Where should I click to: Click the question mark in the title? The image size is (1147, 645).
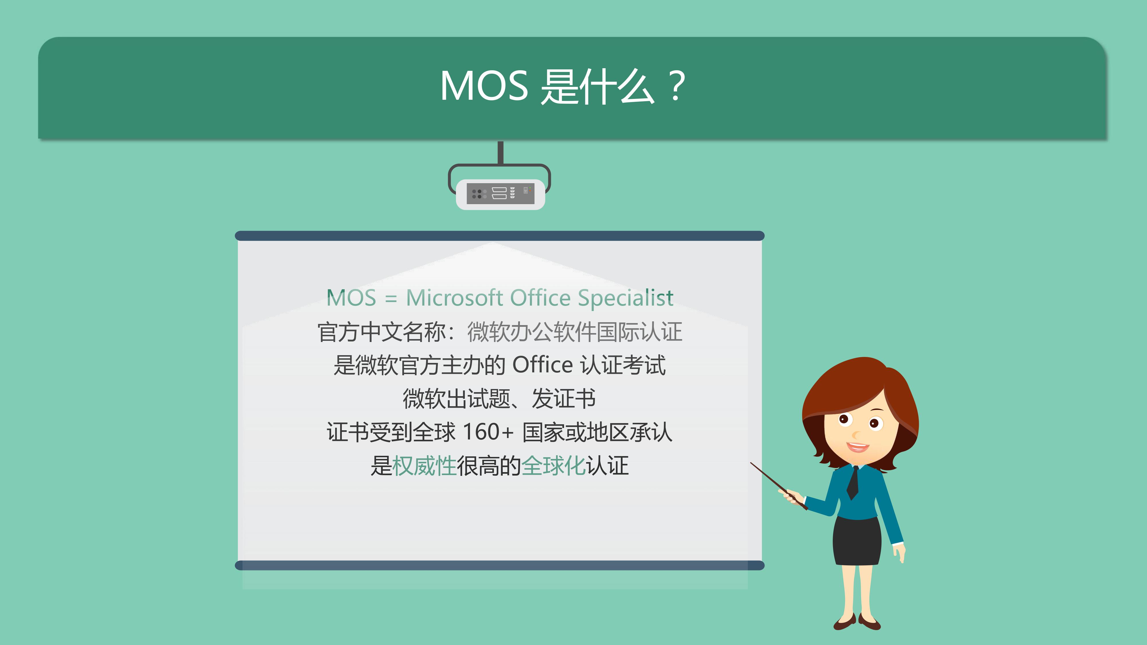click(676, 85)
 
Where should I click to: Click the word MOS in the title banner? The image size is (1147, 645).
click(484, 86)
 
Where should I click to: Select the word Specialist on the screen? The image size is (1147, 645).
click(626, 298)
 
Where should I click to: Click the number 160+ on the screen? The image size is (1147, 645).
click(488, 432)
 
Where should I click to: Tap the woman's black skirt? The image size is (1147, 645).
click(857, 541)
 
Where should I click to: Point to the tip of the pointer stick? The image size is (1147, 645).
click(751, 463)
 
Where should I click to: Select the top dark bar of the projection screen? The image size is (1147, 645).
click(500, 236)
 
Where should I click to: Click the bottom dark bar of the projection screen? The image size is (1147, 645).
click(500, 565)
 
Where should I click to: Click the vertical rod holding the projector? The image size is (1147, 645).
click(500, 153)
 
